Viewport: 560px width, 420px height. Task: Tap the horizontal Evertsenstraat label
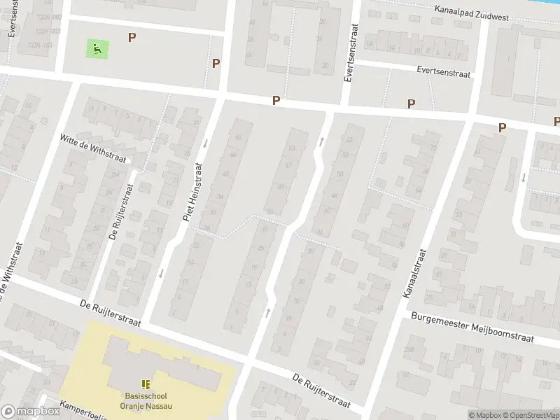point(444,71)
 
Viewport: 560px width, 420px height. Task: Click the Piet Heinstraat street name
point(193,192)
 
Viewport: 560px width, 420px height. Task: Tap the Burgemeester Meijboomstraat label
point(472,328)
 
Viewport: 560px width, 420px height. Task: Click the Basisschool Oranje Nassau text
point(146,400)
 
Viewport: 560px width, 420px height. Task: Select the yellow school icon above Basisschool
point(146,384)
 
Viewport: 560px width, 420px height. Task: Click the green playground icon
point(97,48)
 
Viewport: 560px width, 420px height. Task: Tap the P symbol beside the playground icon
point(132,37)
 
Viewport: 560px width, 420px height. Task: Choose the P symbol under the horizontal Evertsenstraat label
point(411,104)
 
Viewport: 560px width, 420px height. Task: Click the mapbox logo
point(30,412)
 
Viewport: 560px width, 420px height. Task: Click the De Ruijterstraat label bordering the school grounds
point(111,314)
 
